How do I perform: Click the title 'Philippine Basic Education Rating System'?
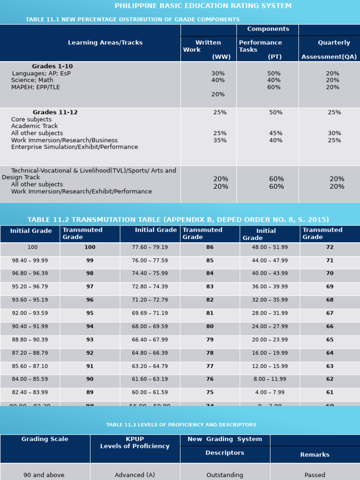pyautogui.click(x=203, y=6)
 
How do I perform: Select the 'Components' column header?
pyautogui.click(x=268, y=29)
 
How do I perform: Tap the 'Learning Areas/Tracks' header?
pyautogui.click(x=105, y=43)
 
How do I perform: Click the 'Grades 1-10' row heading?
pyautogui.click(x=52, y=67)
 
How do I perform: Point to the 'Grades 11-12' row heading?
pyautogui.click(x=55, y=112)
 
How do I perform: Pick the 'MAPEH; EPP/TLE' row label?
pyautogui.click(x=36, y=87)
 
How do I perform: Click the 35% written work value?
pyautogui.click(x=220, y=140)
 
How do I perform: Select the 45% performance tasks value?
pyautogui.click(x=276, y=134)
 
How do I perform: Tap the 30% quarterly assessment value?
pyautogui.click(x=334, y=134)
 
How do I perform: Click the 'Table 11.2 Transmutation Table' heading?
pyautogui.click(x=178, y=220)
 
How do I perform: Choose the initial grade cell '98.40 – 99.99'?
pyautogui.click(x=30, y=261)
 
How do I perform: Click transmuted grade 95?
pyautogui.click(x=90, y=313)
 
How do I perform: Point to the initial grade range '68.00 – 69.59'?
pyautogui.click(x=150, y=326)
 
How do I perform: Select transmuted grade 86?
pyautogui.click(x=210, y=247)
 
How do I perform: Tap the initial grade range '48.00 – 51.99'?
pyautogui.click(x=270, y=247)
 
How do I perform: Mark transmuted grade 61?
pyautogui.click(x=330, y=392)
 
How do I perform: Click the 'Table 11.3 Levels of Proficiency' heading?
pyautogui.click(x=181, y=425)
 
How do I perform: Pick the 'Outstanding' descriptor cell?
pyautogui.click(x=225, y=475)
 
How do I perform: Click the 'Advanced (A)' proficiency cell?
pyautogui.click(x=135, y=475)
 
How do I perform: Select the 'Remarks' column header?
pyautogui.click(x=315, y=455)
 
